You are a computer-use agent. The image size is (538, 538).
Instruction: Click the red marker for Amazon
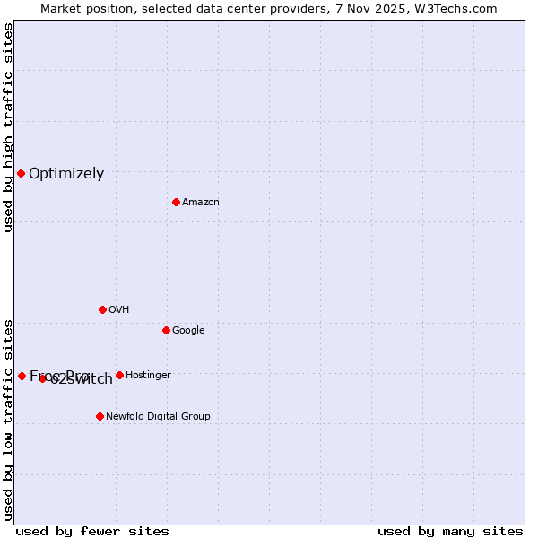(x=176, y=202)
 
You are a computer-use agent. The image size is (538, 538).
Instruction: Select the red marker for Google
(x=166, y=330)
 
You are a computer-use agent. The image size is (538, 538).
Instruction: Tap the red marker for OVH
(x=102, y=309)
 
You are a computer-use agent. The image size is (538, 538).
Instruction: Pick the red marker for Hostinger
(x=119, y=375)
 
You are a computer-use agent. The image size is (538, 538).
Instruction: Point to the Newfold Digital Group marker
(x=100, y=416)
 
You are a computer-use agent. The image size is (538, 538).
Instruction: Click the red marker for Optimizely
(x=21, y=173)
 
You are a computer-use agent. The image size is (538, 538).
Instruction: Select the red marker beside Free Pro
(x=22, y=376)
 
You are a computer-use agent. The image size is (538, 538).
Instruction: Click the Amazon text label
(x=200, y=203)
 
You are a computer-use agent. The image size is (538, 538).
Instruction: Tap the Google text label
(x=188, y=331)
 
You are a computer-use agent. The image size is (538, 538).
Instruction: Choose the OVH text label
(x=118, y=310)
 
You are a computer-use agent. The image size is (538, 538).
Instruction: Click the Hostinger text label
(x=148, y=376)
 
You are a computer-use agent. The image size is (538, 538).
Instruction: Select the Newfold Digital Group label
(x=158, y=417)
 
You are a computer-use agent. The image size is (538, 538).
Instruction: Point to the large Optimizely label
(x=66, y=174)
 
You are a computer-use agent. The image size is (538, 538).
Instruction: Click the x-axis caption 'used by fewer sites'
(x=92, y=531)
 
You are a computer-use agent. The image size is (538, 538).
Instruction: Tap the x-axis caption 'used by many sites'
(x=450, y=531)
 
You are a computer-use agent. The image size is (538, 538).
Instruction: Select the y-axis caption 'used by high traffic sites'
(x=8, y=128)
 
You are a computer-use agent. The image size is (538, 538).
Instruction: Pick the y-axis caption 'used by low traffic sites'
(x=8, y=420)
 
